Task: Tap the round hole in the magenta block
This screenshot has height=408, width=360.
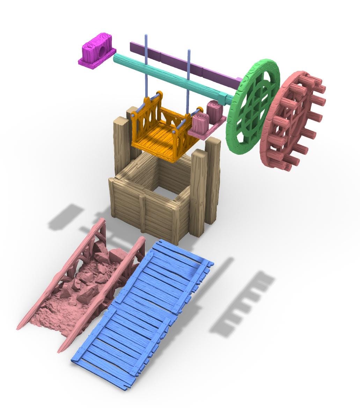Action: pyautogui.click(x=101, y=51)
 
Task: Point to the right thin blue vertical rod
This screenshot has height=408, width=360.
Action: pyautogui.click(x=189, y=77)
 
